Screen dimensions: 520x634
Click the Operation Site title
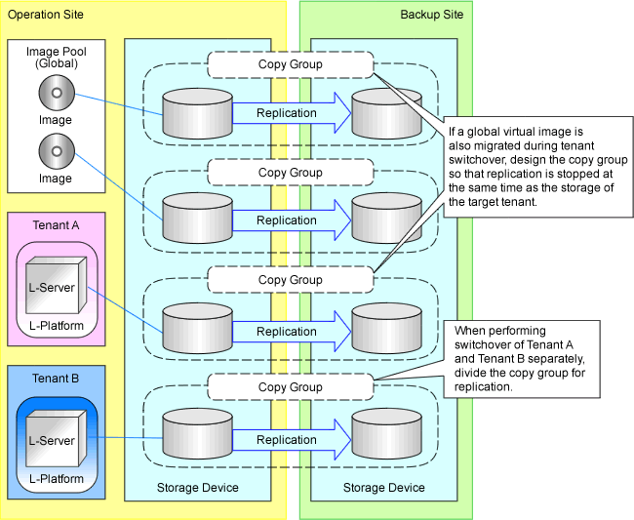tap(46, 15)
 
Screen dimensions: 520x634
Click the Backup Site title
tap(432, 15)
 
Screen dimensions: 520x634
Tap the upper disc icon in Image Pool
tap(56, 95)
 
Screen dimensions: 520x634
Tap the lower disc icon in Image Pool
tap(56, 153)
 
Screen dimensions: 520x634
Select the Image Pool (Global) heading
tap(56, 58)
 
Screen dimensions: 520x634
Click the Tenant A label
tap(56, 225)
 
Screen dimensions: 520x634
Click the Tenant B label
tap(56, 379)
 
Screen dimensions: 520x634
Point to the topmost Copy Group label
tap(291, 64)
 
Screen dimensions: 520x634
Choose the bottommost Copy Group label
tap(291, 387)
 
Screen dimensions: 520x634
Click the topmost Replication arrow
tap(290, 113)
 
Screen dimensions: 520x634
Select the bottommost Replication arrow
tap(290, 440)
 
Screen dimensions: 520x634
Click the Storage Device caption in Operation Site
tap(197, 488)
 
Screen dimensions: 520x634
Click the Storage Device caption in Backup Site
tap(384, 488)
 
